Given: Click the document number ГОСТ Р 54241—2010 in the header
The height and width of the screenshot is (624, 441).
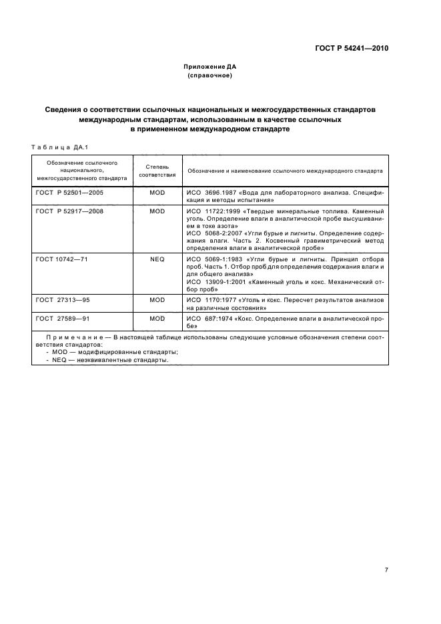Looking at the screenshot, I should tap(352, 49).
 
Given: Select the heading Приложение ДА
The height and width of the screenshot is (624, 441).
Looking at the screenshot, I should tap(210, 67).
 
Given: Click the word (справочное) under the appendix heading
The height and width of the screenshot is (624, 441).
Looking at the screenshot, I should tap(210, 76).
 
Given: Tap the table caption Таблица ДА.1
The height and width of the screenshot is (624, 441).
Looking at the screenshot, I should tap(60, 147).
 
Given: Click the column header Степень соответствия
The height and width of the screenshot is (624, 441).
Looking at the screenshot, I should tap(157, 170).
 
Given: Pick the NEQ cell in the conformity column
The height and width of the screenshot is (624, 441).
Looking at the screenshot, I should tap(157, 258).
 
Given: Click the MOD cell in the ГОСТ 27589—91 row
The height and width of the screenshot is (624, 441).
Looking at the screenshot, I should tap(157, 319).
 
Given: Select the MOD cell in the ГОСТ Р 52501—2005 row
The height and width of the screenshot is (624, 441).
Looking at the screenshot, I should tap(157, 192).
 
